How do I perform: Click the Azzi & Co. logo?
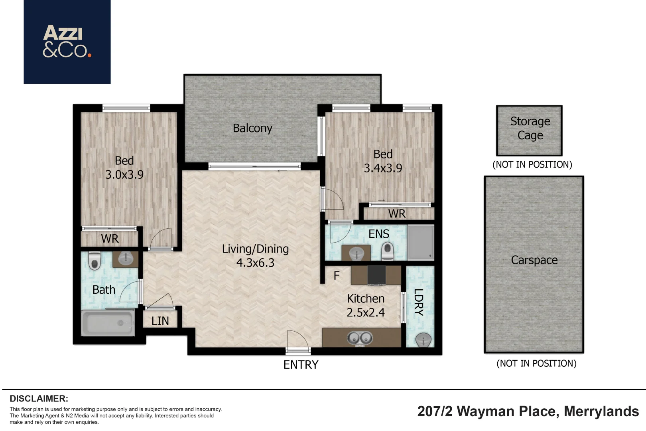[x=67, y=42]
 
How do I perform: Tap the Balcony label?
[x=252, y=128]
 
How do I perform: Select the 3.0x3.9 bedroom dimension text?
[x=124, y=175]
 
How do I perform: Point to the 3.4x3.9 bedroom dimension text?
[x=383, y=168]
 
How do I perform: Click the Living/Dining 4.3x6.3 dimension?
[x=255, y=263]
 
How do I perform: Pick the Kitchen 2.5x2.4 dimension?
[x=366, y=312]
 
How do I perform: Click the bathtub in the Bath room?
[x=108, y=323]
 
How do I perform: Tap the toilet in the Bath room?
[x=94, y=261]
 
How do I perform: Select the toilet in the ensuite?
[x=387, y=251]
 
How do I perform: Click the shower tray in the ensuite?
[x=420, y=243]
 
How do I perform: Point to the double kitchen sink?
[x=360, y=338]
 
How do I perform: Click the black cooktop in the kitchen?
[x=376, y=275]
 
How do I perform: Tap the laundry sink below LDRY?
[x=423, y=340]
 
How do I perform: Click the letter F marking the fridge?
[x=337, y=276]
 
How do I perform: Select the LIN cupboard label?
[x=160, y=321]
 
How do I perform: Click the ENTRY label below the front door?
[x=301, y=365]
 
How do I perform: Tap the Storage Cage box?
[x=530, y=130]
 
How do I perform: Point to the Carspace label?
[x=534, y=260]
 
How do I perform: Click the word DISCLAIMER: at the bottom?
[x=39, y=399]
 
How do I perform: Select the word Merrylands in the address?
[x=601, y=411]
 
